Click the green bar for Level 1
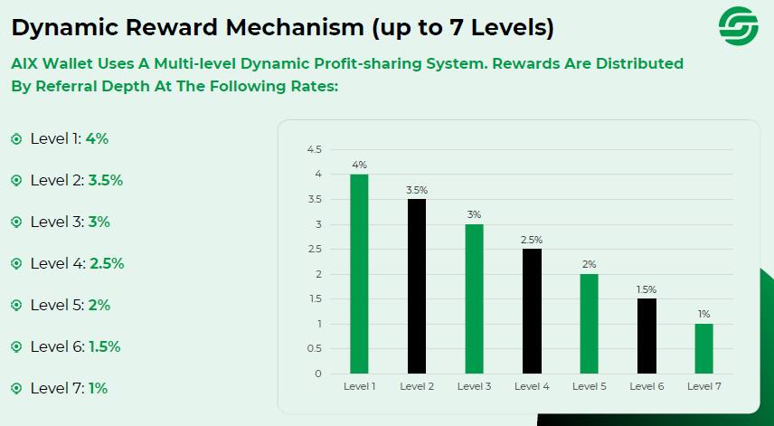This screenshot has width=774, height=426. click(359, 273)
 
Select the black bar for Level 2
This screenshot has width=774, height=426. click(417, 286)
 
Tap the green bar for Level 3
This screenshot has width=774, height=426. click(475, 298)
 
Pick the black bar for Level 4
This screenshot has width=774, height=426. click(532, 311)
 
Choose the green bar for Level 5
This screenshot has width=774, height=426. click(590, 324)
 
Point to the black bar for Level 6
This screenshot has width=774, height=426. click(647, 336)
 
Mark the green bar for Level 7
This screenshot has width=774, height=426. click(704, 348)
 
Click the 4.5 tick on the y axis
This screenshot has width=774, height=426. click(314, 149)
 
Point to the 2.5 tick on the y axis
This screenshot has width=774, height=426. click(314, 250)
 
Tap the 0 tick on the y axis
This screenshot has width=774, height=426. click(317, 374)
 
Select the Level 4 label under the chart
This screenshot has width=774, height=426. click(532, 386)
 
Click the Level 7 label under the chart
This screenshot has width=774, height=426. click(704, 386)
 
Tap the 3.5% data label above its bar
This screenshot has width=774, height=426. click(417, 190)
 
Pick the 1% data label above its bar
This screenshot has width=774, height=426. click(704, 315)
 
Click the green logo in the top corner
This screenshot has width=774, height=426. click(739, 27)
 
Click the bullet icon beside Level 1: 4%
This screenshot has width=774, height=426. click(16, 139)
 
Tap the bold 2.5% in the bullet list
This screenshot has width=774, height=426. click(107, 264)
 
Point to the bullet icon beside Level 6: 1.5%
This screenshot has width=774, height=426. click(16, 347)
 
